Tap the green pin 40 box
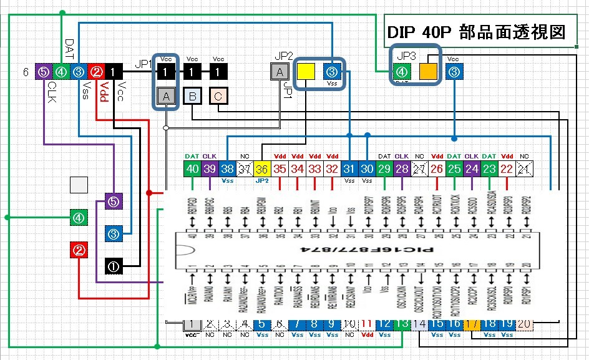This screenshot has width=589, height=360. pos(192,169)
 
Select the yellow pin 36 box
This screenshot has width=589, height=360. pos(262,169)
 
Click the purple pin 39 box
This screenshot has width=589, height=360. pos(210,169)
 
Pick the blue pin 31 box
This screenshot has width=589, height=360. pos(350,169)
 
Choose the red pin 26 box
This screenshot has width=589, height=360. pos(437,169)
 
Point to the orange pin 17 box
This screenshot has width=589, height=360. pos(472,324)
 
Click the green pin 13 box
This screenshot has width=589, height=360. pos(403,324)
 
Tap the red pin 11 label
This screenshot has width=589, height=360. pos(368,324)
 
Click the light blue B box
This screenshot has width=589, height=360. pos(193,96)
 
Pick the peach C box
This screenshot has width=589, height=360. pos(218,96)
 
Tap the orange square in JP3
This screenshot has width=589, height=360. pos(428,72)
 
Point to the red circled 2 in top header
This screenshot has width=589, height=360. pos(97,72)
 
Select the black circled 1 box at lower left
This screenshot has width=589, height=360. pos(114,266)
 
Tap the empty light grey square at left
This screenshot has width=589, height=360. pos(79,185)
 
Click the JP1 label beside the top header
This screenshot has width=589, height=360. pos(145,64)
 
